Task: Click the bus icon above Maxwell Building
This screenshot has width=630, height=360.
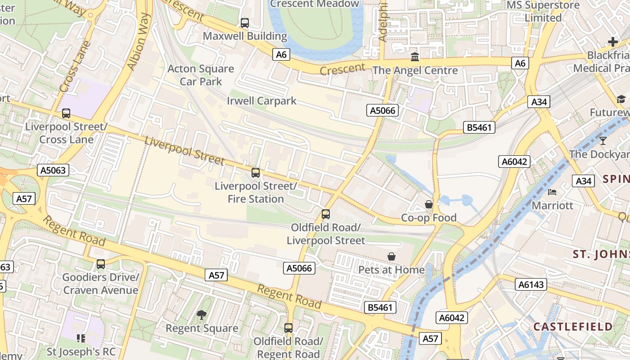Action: (x=245, y=22)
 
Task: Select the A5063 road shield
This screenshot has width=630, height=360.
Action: (x=53, y=170)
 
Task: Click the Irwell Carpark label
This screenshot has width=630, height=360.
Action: (x=261, y=100)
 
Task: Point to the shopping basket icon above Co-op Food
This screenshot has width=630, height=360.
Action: (x=429, y=205)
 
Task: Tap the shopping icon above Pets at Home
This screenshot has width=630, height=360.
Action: (x=391, y=256)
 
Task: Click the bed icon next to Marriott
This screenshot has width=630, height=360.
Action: (x=552, y=192)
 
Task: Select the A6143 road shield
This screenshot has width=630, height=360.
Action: (x=531, y=284)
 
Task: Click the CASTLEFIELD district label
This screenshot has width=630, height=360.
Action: (x=573, y=327)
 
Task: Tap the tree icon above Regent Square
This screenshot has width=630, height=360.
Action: (x=201, y=315)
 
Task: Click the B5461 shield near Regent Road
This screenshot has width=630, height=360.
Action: (x=380, y=307)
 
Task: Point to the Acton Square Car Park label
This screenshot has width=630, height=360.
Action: (x=201, y=75)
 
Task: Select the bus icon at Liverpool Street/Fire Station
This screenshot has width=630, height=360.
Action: (x=256, y=172)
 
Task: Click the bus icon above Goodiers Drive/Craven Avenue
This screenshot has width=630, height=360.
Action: (x=101, y=264)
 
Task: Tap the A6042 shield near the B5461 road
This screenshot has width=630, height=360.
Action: (x=514, y=162)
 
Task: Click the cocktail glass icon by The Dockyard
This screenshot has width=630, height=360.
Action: (x=603, y=141)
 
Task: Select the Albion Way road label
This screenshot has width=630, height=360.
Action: (x=139, y=41)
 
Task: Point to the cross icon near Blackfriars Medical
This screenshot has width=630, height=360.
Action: (x=613, y=42)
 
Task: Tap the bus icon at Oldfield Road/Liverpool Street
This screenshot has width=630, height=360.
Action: (x=326, y=214)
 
